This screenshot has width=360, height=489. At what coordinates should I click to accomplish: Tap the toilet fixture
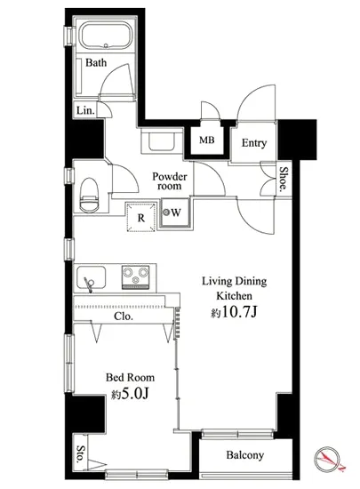[90, 194]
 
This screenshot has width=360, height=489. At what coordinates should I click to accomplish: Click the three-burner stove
[136, 277]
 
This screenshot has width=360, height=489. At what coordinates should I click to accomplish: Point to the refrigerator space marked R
[141, 217]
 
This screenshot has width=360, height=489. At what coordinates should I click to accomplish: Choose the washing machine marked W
[174, 213]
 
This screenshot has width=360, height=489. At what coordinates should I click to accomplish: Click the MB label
[207, 140]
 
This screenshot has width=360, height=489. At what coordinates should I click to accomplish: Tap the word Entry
[254, 143]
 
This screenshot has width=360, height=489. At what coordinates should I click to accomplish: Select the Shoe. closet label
[283, 179]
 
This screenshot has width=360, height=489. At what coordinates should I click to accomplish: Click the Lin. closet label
[85, 110]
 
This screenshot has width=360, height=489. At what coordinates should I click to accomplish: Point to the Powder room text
[170, 181]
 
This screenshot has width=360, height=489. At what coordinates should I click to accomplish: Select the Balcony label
[245, 455]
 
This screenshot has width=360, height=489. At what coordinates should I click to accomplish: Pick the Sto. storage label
[81, 453]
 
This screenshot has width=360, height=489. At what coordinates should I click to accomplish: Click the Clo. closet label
[124, 317]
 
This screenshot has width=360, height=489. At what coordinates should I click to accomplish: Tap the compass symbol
[327, 459]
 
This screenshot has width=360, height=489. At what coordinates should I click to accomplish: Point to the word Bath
[96, 62]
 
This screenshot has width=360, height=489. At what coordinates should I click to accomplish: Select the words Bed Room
[130, 377]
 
